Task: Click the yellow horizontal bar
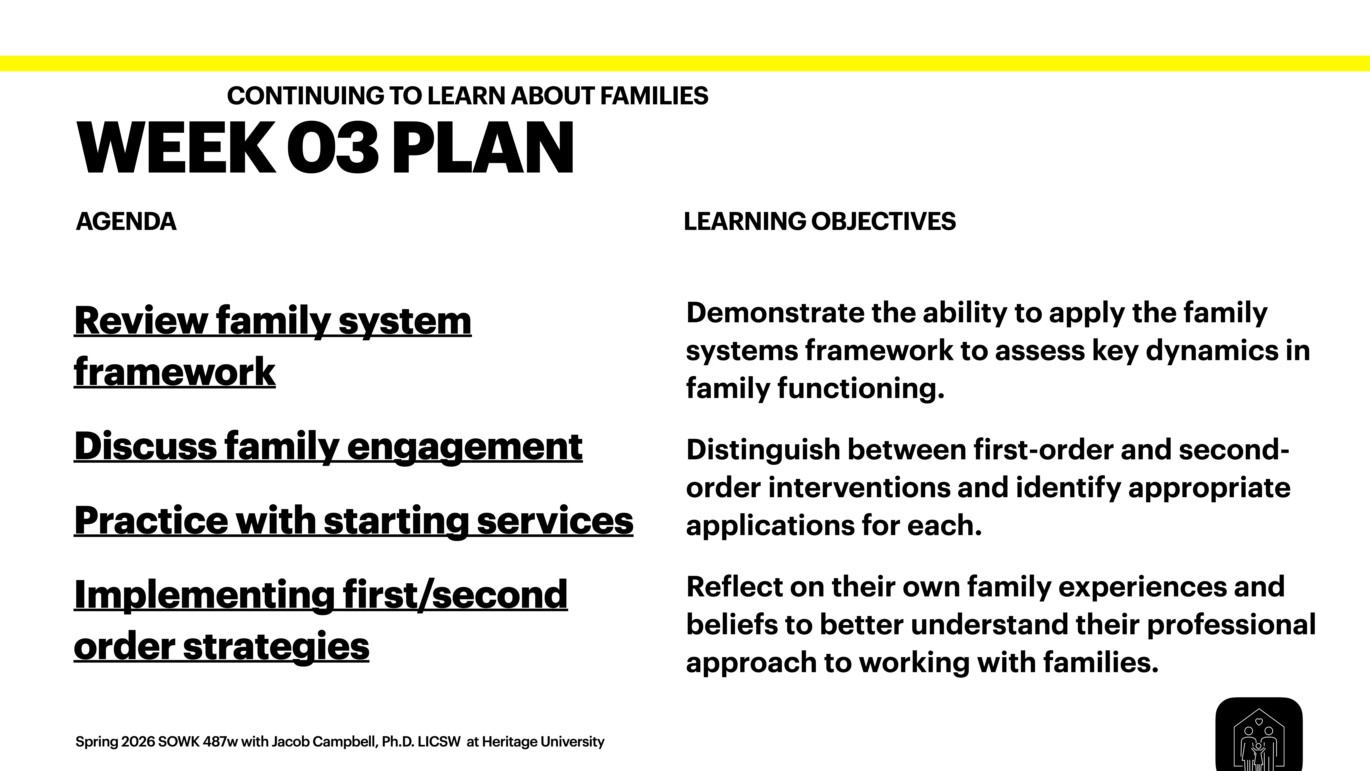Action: coord(685,63)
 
